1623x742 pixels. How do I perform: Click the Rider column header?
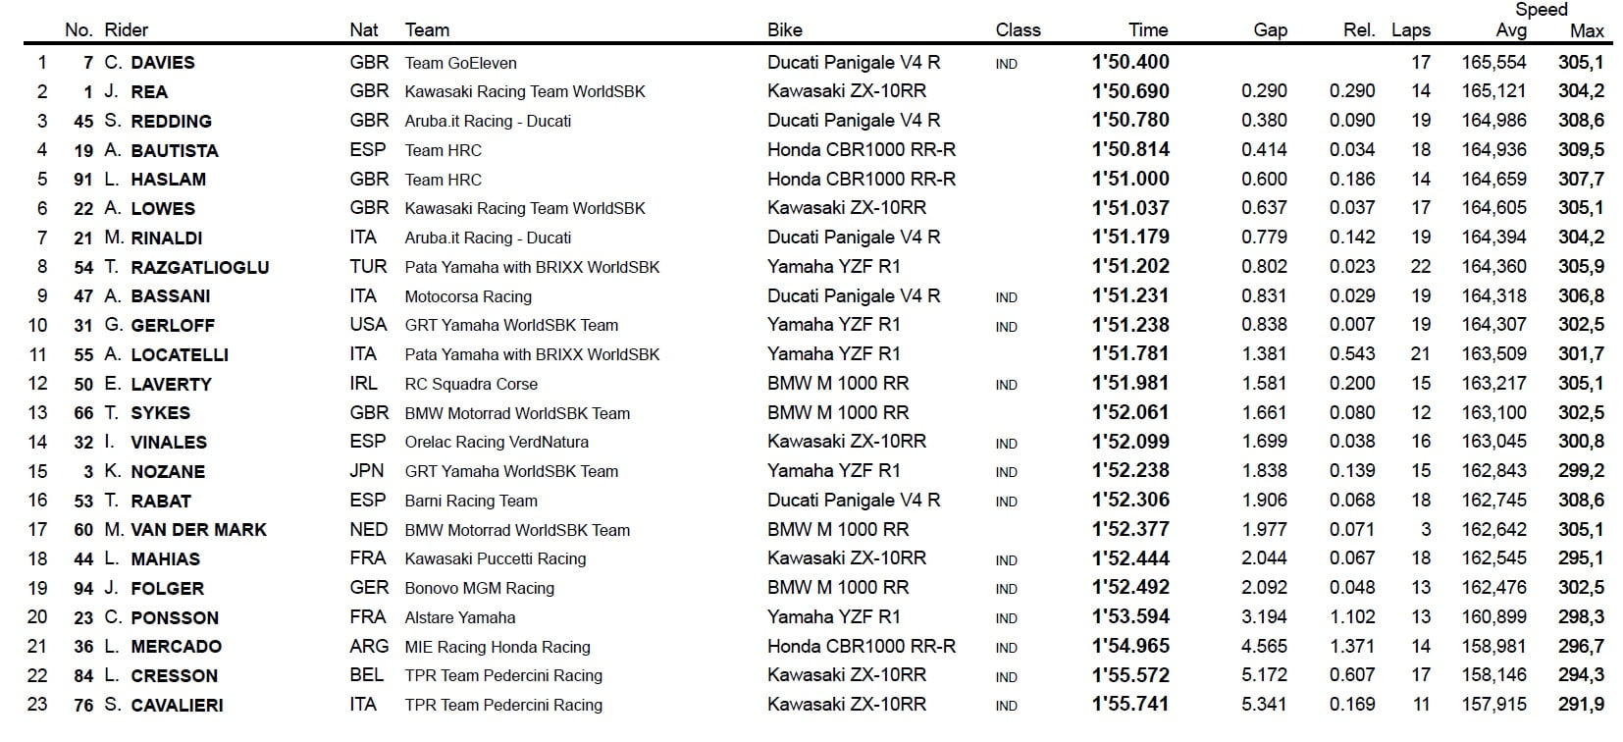click(x=127, y=30)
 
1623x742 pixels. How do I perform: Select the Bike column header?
click(x=784, y=30)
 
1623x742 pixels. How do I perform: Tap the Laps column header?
click(x=1410, y=30)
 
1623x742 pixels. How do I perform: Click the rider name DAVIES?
click(x=163, y=63)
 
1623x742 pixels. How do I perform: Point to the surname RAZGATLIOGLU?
click(x=200, y=267)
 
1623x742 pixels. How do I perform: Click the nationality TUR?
click(x=368, y=267)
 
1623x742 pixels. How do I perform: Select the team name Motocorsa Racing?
click(x=468, y=296)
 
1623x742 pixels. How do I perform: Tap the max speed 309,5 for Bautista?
click(x=1580, y=150)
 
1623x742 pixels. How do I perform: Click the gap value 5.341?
click(x=1264, y=705)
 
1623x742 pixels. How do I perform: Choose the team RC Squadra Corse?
click(x=471, y=384)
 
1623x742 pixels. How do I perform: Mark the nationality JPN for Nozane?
click(x=367, y=471)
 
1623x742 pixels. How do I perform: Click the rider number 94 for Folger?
click(x=83, y=589)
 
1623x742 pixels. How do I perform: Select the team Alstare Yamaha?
click(x=459, y=617)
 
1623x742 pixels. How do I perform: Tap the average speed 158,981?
click(x=1493, y=647)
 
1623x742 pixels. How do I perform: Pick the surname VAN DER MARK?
click(x=199, y=530)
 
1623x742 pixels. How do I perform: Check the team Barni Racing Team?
click(x=471, y=501)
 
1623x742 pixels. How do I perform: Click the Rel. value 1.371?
click(x=1352, y=647)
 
